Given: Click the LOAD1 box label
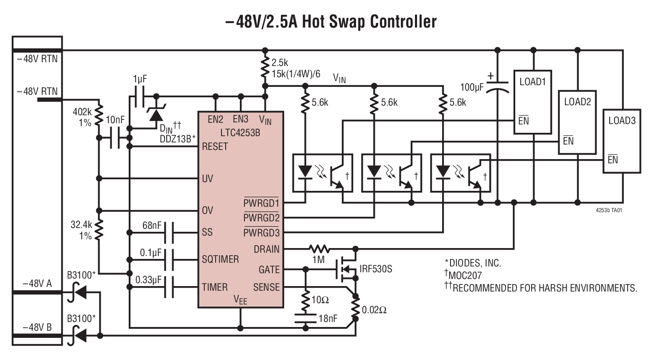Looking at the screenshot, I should click(532, 82).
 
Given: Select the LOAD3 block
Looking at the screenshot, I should click(621, 141).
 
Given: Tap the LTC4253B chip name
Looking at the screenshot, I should click(240, 133).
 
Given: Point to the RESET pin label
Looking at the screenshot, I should click(215, 147).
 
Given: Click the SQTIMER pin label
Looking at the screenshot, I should click(220, 259).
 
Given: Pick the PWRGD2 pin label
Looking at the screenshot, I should click(261, 218).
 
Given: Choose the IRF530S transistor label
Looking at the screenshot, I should click(376, 269).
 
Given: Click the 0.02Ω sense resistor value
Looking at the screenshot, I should click(374, 310).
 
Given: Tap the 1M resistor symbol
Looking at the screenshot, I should click(319, 249).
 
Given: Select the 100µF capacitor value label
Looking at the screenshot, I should click(472, 87).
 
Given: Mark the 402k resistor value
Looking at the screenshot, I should click(82, 112).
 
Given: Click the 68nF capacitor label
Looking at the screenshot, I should click(152, 226).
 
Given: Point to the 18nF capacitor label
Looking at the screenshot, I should click(328, 319).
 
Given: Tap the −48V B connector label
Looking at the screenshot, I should click(37, 327).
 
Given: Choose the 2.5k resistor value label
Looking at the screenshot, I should click(280, 63).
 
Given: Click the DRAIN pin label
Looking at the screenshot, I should click(266, 249).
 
